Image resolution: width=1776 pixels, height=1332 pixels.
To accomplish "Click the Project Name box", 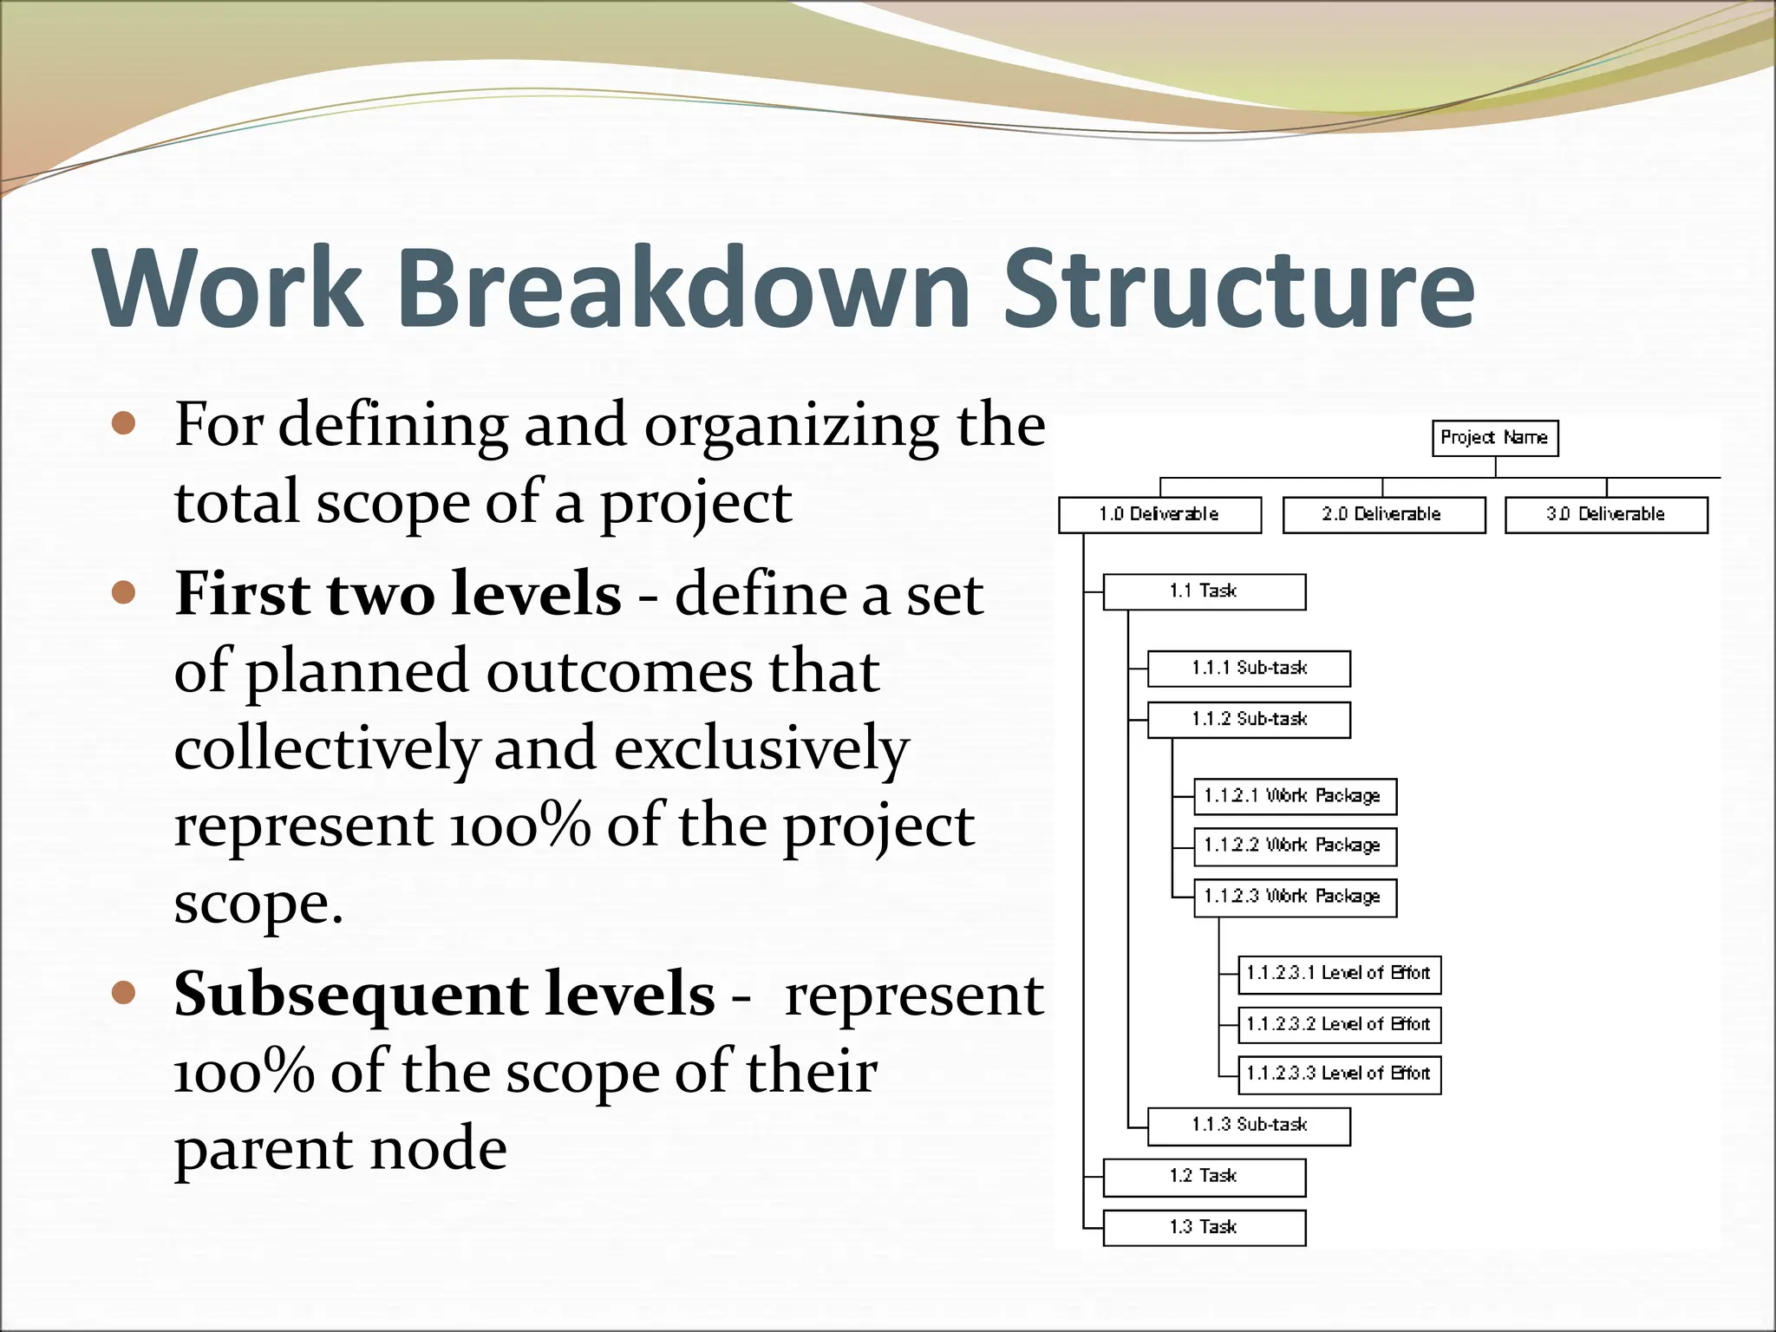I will click(x=1494, y=438).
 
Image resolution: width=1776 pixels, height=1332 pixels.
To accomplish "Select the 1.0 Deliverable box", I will click(x=1159, y=515).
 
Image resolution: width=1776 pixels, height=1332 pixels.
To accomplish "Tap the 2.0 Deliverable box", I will click(x=1383, y=515).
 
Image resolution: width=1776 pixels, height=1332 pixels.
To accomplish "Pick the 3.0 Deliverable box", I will click(x=1606, y=515).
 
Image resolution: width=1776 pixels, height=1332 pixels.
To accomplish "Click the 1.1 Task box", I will click(x=1204, y=591).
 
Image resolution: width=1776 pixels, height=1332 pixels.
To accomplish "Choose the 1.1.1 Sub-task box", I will click(x=1249, y=669).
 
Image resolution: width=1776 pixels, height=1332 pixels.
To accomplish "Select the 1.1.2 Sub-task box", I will click(x=1249, y=720).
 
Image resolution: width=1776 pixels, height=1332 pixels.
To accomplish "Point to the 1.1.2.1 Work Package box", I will click(x=1295, y=796).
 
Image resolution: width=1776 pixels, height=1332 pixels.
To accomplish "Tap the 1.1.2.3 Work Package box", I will click(x=1295, y=898).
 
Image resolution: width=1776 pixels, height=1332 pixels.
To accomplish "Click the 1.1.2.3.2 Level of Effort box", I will click(x=1339, y=1025).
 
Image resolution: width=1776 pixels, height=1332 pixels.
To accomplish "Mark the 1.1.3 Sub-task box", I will click(x=1249, y=1126).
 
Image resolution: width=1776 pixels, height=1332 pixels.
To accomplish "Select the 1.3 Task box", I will click(x=1204, y=1228).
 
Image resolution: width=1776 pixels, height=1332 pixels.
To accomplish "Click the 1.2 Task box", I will click(x=1204, y=1177).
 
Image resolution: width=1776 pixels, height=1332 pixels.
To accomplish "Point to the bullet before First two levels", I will click(x=125, y=593).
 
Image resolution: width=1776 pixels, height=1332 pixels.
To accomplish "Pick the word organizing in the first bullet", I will click(x=791, y=427).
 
